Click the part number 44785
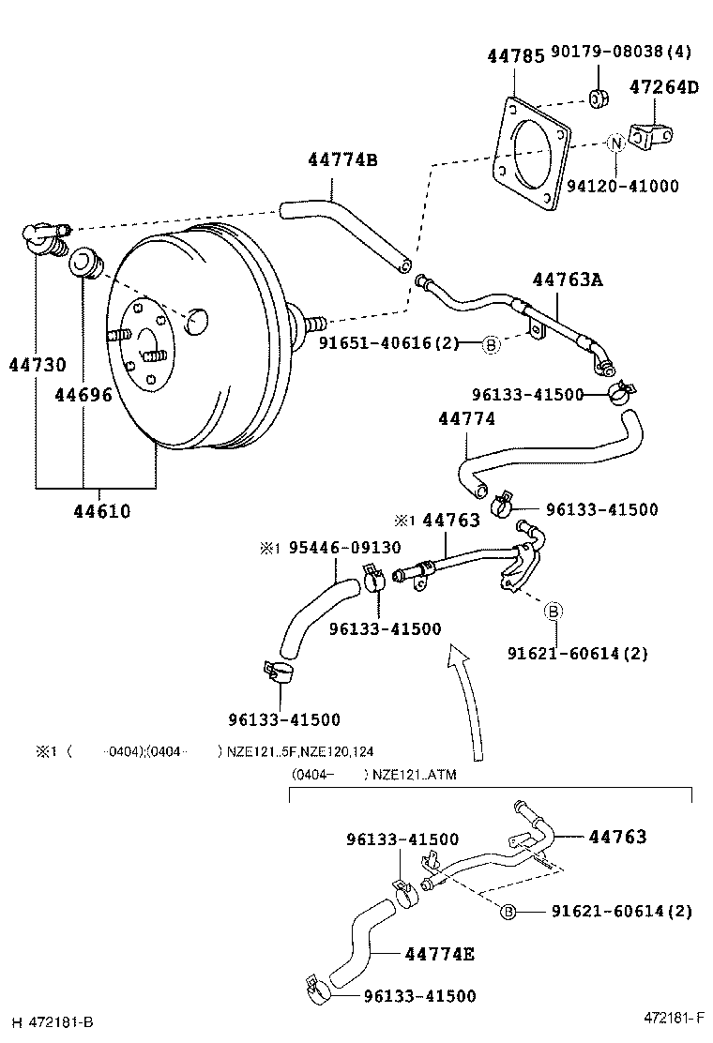[x=515, y=56]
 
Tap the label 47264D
[x=664, y=88]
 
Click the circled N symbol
[x=615, y=144]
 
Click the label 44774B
[x=342, y=160]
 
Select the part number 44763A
[x=567, y=279]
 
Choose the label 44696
[x=83, y=395]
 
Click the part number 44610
[x=102, y=511]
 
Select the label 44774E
[x=439, y=955]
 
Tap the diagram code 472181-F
[x=674, y=1018]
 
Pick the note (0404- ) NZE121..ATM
[x=374, y=775]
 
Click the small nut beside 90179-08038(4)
[x=598, y=97]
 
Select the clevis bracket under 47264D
[x=651, y=139]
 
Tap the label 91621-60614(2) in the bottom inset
[x=621, y=911]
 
